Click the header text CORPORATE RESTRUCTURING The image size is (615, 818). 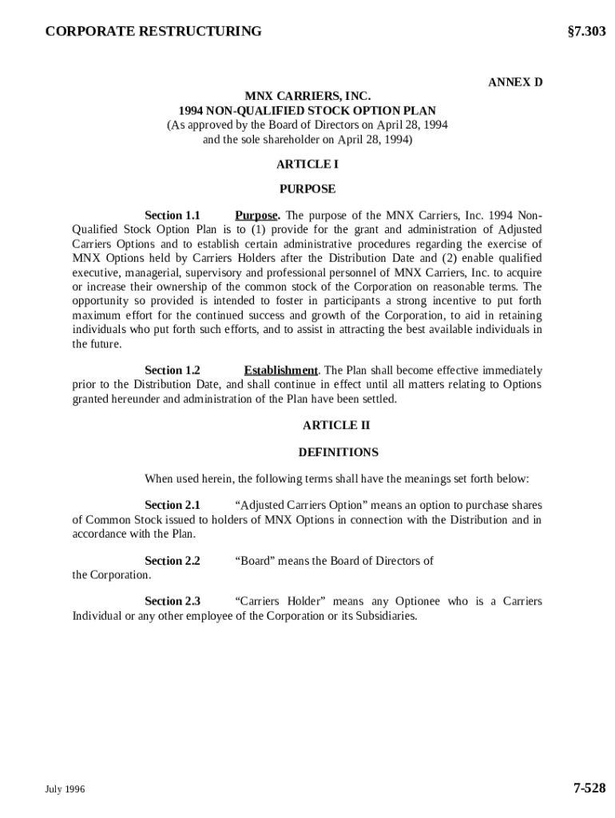point(153,32)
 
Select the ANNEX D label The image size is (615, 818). point(515,82)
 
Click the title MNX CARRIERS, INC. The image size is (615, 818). point(307,97)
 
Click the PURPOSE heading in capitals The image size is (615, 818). point(307,189)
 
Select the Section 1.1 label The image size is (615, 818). point(172,216)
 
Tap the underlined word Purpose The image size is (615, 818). point(256,216)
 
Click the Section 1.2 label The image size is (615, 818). point(172,371)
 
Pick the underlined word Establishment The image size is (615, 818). point(280,371)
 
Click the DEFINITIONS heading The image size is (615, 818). point(338,452)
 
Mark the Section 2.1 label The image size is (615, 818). point(172,506)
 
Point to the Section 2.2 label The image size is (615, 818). point(172,561)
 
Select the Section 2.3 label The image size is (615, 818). point(172,602)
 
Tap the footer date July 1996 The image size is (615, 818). point(65,789)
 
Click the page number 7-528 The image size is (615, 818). point(589,788)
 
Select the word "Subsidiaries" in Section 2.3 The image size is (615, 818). point(383,617)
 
